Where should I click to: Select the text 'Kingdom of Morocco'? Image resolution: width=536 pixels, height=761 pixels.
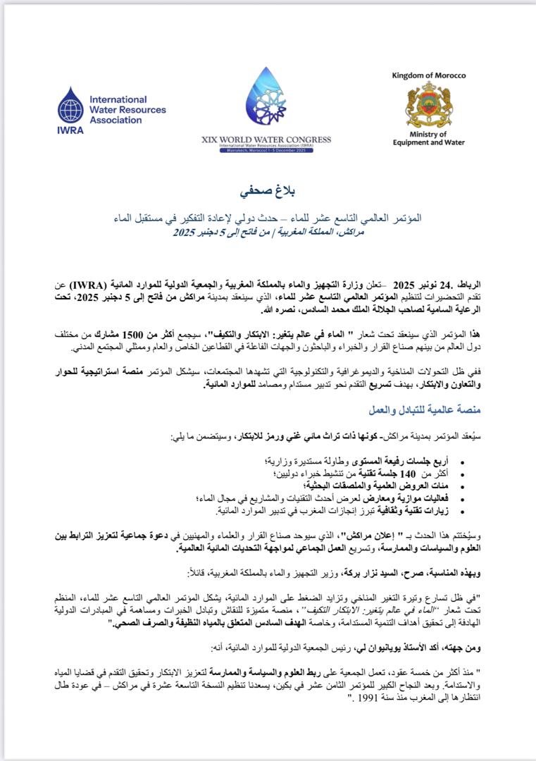point(428,75)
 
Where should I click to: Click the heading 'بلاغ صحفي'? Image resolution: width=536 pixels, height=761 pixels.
point(268,191)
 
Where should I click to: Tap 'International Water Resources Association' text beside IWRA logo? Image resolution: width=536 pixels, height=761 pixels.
point(127,109)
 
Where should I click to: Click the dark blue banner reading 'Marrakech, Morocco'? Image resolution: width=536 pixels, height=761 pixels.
point(266,151)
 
